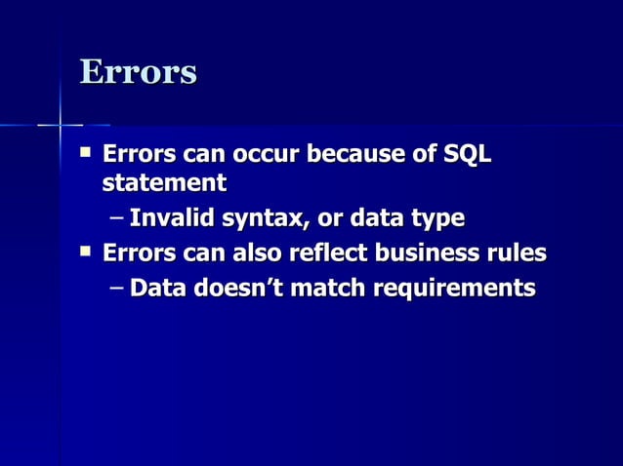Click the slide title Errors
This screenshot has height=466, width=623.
click(x=138, y=71)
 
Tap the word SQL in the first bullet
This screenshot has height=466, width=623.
click(x=468, y=155)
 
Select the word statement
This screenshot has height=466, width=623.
click(x=164, y=182)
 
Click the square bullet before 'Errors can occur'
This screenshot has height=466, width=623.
click(x=86, y=153)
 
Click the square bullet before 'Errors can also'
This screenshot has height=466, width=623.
click(x=86, y=252)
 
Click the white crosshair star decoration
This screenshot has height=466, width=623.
click(x=61, y=125)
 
